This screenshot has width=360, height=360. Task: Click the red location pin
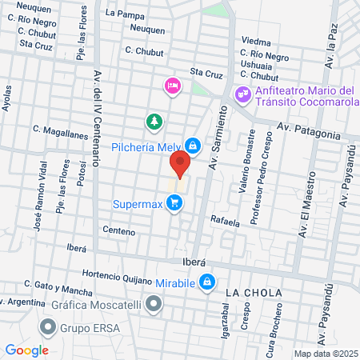(x=180, y=164)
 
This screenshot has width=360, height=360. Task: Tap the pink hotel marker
(x=172, y=86)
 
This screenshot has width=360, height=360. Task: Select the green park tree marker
(x=153, y=122)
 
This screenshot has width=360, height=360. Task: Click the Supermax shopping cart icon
(x=175, y=205)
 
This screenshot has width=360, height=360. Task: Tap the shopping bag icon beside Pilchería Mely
(x=193, y=145)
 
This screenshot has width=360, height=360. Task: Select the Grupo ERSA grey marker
(x=49, y=326)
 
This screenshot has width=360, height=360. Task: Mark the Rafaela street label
(x=226, y=222)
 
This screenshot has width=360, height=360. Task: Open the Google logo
(x=26, y=350)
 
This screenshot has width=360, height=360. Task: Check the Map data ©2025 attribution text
(x=325, y=354)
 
